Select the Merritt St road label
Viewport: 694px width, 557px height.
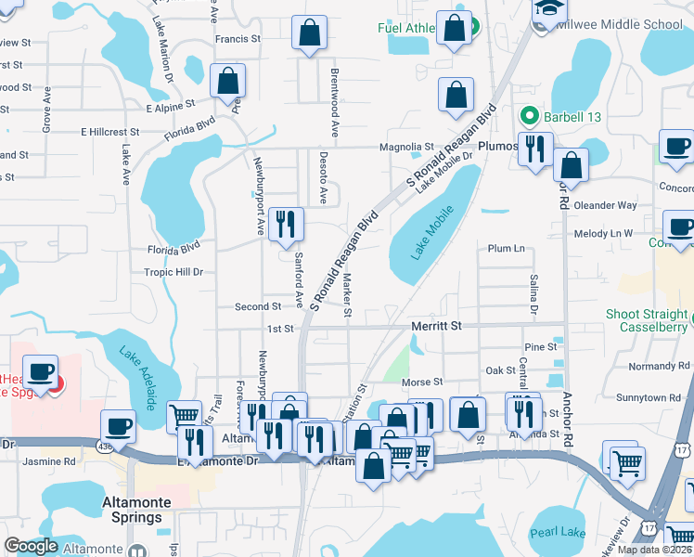436,327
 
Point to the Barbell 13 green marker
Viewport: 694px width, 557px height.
530,116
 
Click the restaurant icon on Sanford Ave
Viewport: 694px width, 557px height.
286,224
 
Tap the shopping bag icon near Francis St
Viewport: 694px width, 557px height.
309,32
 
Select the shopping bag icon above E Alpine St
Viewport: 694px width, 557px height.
227,82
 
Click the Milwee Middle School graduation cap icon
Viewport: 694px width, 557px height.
544,10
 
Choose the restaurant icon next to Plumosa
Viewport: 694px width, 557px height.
535,149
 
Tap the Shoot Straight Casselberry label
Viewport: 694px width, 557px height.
649,320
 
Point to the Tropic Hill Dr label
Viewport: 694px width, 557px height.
173,272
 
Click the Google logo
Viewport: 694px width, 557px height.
31,546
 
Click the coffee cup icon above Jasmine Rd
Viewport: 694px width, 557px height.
118,426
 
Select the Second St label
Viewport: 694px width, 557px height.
257,306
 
